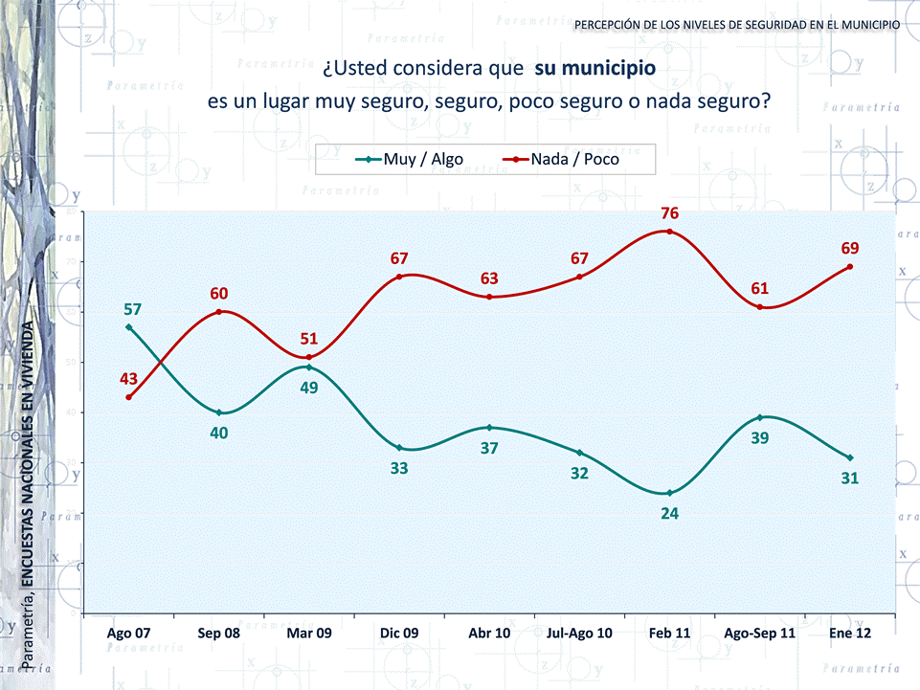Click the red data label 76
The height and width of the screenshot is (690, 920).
669,212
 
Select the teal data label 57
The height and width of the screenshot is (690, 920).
132,309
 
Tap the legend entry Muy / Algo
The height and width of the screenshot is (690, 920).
409,160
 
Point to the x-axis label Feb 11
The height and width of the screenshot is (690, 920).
669,633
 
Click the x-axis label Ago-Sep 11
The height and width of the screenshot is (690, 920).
760,633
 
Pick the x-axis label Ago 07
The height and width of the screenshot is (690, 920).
128,633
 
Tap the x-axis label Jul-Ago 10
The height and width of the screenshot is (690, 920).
579,633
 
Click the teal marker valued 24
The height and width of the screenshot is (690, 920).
669,493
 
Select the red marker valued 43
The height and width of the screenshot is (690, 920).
128,397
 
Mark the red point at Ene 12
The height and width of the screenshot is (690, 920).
850,267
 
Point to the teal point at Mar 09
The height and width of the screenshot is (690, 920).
308,367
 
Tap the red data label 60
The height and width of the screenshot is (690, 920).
219,293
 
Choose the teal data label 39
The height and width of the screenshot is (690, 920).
760,437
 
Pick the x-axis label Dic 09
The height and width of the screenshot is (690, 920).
398,633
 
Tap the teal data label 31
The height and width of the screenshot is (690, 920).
850,478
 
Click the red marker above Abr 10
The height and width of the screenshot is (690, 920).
489,297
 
